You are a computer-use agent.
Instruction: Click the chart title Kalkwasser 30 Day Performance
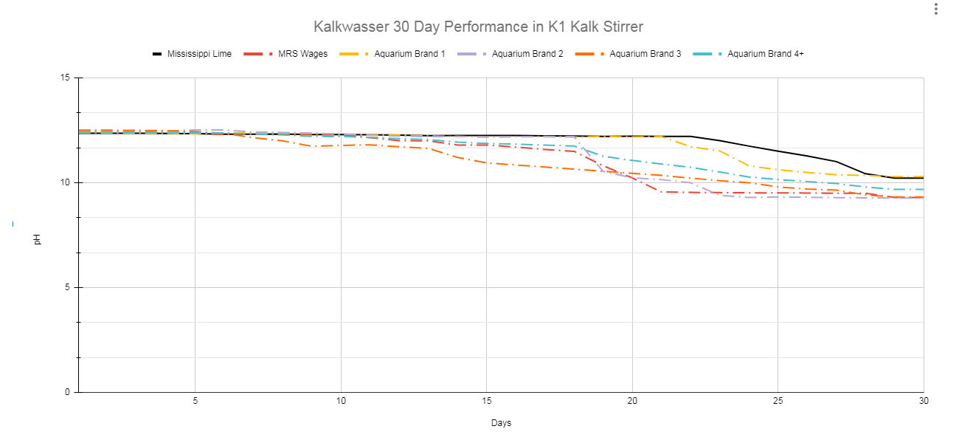[478, 27]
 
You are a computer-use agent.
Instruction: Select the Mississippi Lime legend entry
[198, 54]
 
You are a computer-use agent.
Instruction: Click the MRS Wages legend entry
[302, 54]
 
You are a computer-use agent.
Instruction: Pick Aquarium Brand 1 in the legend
[409, 54]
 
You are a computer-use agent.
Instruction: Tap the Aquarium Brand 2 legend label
[527, 54]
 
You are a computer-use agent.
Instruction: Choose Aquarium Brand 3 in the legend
[645, 54]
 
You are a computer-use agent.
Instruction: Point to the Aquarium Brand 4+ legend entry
[765, 54]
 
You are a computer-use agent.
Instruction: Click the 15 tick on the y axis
[66, 78]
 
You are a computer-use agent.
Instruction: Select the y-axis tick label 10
[66, 183]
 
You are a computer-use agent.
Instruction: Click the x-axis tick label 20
[632, 401]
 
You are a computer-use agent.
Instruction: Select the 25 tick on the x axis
[778, 401]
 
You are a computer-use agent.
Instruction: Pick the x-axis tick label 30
[923, 401]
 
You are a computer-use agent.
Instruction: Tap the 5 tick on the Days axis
[195, 401]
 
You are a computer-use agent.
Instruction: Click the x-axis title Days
[501, 423]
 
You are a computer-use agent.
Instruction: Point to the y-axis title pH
[38, 240]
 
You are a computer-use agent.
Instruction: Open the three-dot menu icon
[935, 9]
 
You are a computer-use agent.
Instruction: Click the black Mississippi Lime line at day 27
[836, 162]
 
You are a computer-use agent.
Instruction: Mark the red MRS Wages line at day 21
[662, 192]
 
